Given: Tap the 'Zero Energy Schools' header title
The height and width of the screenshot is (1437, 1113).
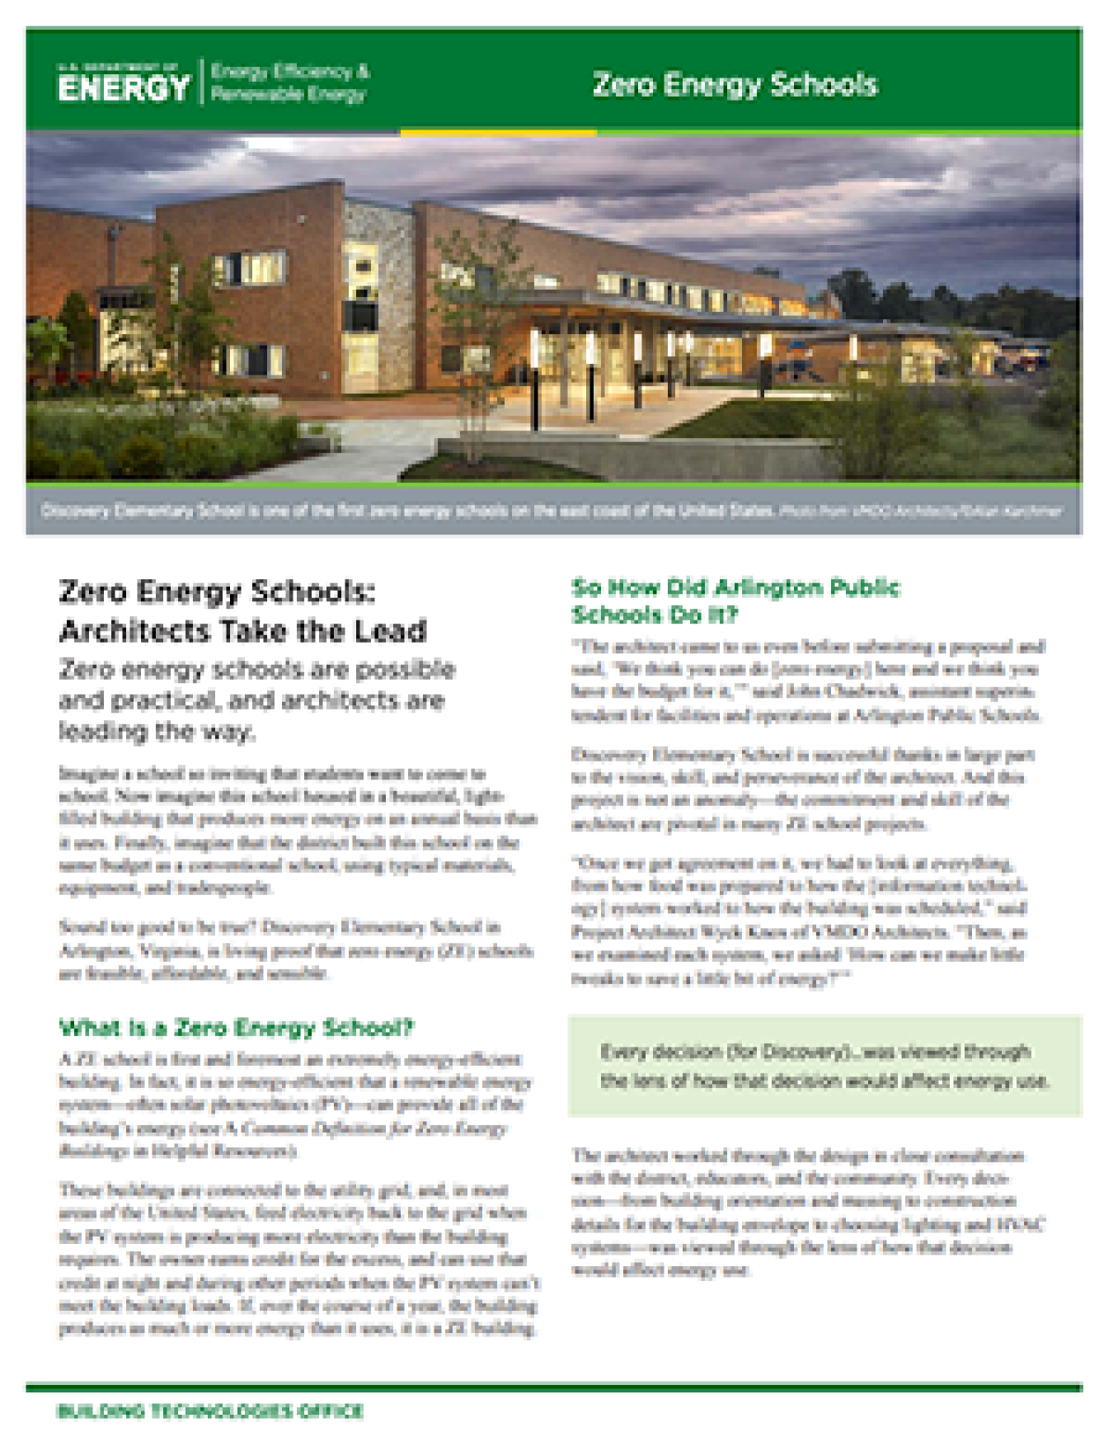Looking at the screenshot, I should pos(735,84).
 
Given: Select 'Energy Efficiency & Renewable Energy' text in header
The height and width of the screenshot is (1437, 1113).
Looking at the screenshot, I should pos(289,82).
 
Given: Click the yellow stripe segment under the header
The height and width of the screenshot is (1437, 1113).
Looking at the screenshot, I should pos(498,132).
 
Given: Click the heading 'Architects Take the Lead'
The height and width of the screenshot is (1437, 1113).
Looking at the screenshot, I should pos(242,631).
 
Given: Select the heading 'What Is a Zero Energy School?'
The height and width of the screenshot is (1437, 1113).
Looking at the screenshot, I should pos(236,1028).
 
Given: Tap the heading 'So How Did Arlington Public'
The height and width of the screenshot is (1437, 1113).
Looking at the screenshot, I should pos(735,587).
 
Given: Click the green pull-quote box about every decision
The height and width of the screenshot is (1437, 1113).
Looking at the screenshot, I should pos(824,1066).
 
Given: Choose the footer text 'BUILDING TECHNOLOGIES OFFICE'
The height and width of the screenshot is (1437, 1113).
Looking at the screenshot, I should pos(210,1411).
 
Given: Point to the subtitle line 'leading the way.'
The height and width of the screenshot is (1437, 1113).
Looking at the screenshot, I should pos(157,732).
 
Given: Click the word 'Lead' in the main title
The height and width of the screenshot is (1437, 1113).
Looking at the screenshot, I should pos(391,631).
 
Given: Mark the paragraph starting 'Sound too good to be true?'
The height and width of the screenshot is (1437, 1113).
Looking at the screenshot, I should pos(295,950).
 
